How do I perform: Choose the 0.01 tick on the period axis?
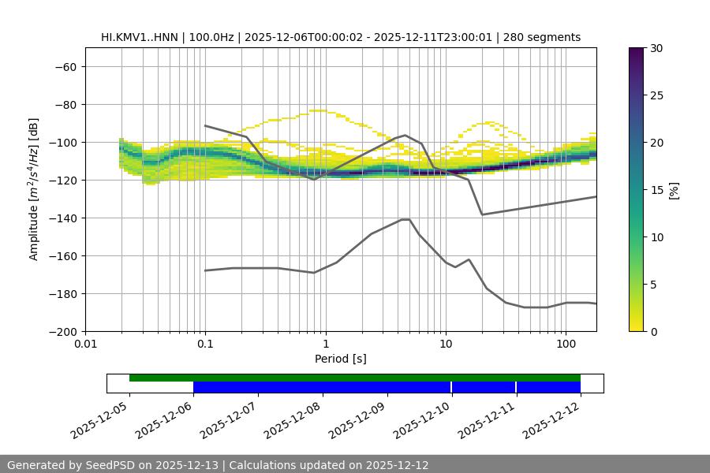pos(85,345)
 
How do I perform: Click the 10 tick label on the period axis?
pos(446,345)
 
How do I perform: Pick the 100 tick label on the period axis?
pos(566,345)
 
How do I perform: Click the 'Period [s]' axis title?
pos(340,359)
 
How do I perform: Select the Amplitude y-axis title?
pos(34,189)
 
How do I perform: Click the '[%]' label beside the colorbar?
pos(674,189)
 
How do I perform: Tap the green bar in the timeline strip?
pos(355,378)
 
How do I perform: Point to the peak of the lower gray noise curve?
pos(405,219)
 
